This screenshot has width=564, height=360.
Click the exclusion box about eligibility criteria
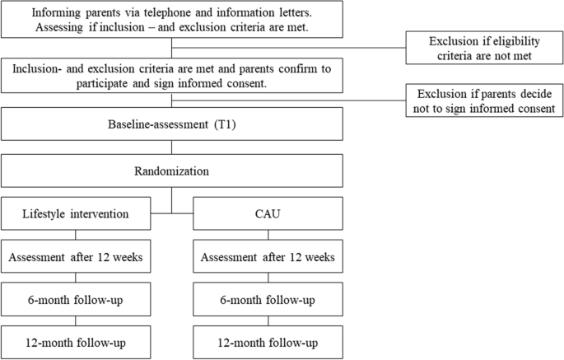(x=483, y=48)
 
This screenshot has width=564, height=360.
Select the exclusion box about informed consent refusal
(x=483, y=101)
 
